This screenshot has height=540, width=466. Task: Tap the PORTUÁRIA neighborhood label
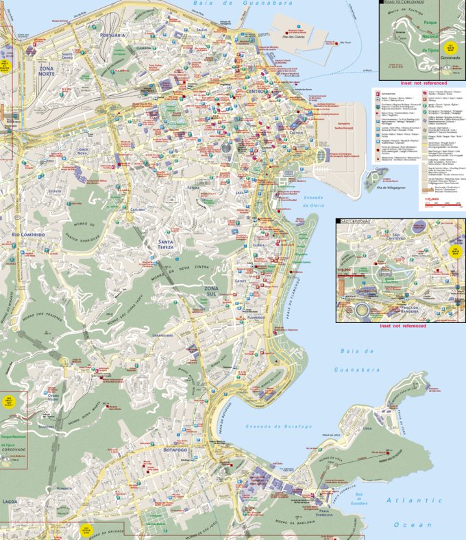point(112,34)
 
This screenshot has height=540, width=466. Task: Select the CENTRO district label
point(258,91)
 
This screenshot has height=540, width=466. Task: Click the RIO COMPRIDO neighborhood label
point(28,235)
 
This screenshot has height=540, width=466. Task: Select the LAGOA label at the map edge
point(10,502)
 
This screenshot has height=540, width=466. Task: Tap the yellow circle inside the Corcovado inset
point(451,48)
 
